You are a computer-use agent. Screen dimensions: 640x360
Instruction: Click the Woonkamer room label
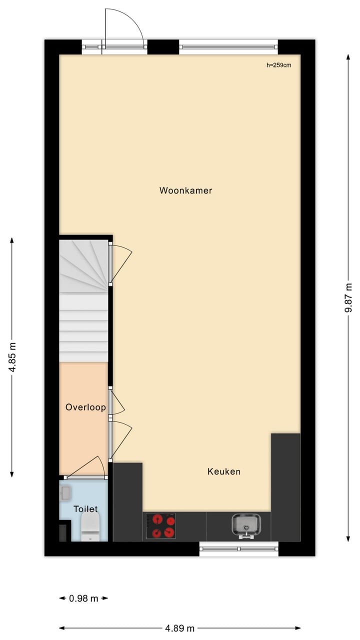(185, 190)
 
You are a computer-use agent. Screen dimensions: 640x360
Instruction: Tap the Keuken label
(224, 471)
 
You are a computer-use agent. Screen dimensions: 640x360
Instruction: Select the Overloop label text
(85, 407)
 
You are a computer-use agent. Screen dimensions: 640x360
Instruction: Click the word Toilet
(85, 509)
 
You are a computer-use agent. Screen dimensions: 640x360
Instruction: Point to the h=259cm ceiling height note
(279, 65)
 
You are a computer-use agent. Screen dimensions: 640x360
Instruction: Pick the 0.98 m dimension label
(83, 598)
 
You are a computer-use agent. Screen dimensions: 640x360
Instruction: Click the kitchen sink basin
(246, 524)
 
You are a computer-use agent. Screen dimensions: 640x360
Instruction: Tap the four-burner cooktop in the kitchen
(161, 526)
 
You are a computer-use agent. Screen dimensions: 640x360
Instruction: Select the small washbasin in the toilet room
(65, 493)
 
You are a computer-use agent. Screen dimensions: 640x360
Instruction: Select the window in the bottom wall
(238, 548)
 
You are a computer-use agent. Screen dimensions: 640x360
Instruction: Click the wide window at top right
(228, 47)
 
